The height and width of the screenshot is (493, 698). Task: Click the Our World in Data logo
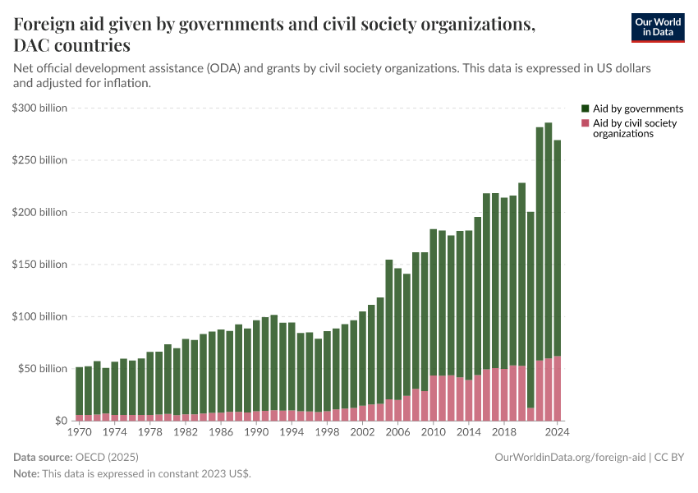tap(657, 27)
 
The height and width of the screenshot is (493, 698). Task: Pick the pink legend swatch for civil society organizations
tap(585, 123)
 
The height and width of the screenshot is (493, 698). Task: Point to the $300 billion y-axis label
tap(39, 108)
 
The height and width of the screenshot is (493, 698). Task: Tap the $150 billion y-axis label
tap(39, 265)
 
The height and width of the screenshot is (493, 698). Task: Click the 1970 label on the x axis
tap(80, 431)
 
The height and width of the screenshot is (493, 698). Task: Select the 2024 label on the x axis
tap(557, 431)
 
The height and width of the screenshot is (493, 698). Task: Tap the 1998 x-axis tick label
tap(327, 431)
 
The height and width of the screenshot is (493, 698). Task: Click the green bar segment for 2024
tap(557, 246)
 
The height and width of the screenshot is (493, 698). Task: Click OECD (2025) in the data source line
tap(103, 457)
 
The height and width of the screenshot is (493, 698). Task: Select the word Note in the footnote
tap(26, 474)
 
